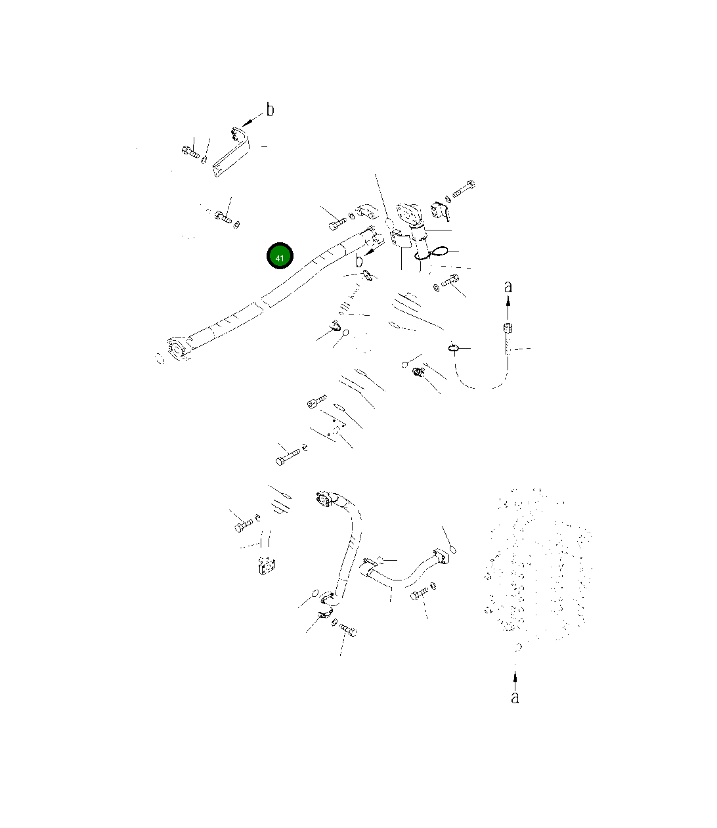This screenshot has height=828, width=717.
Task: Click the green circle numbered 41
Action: click(x=280, y=256)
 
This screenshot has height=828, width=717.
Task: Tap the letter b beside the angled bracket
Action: click(x=271, y=110)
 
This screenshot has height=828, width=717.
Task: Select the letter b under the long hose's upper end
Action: click(x=359, y=261)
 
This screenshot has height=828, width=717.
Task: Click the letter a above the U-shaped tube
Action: click(x=508, y=287)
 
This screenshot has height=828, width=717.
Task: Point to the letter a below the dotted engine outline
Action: click(x=515, y=697)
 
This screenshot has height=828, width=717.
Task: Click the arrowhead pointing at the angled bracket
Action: click(x=247, y=120)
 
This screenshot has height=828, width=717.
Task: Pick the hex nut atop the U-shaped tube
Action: click(x=508, y=328)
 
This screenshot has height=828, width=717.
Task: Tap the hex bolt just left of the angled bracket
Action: click(x=190, y=152)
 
